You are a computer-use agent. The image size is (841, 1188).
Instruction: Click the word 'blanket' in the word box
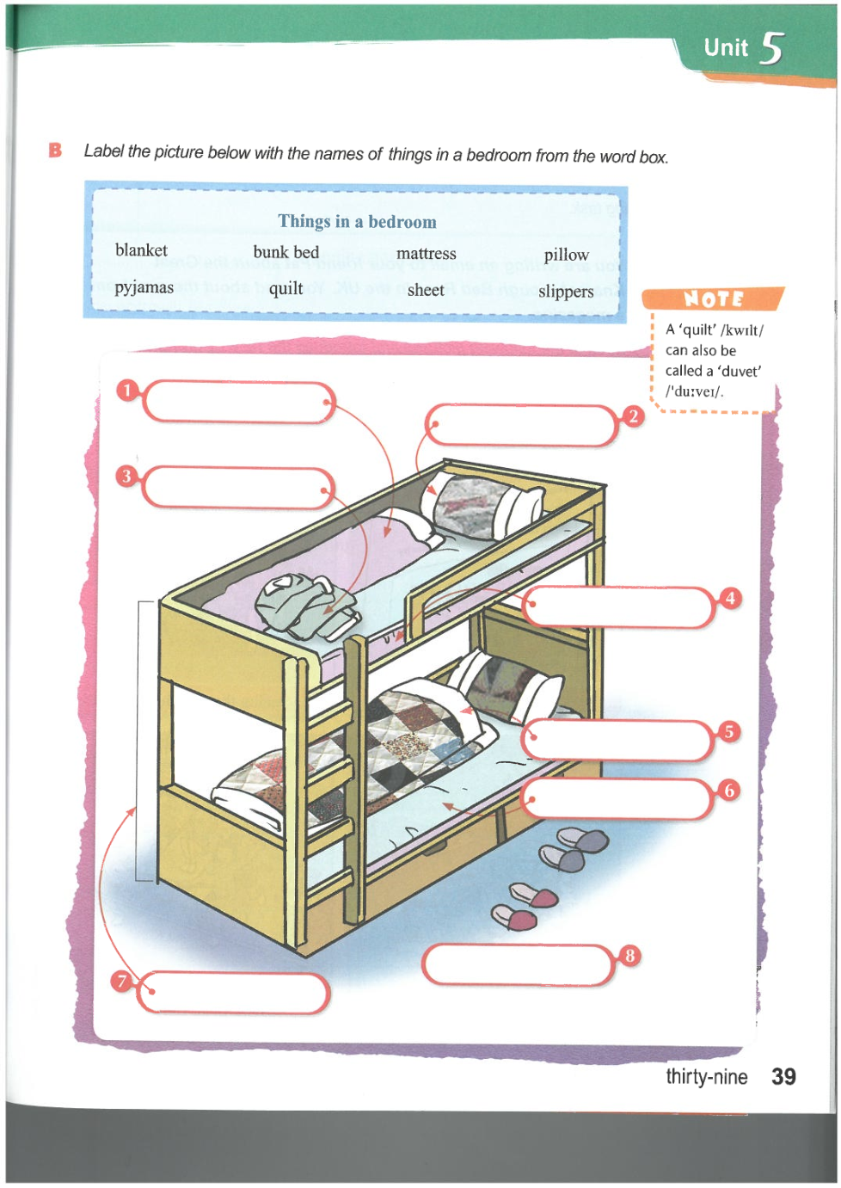(141, 250)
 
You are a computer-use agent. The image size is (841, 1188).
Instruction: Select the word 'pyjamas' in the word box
(144, 287)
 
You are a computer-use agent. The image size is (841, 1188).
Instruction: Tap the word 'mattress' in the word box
(426, 254)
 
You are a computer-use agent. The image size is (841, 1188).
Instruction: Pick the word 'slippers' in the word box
(566, 292)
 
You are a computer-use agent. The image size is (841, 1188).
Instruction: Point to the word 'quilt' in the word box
(285, 288)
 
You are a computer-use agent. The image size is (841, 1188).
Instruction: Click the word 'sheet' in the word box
(426, 291)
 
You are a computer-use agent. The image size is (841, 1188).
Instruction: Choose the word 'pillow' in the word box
(566, 255)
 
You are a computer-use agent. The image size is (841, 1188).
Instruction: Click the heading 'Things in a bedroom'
(357, 222)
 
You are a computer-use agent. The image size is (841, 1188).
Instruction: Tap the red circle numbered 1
(127, 391)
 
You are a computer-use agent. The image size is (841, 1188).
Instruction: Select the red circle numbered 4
(730, 598)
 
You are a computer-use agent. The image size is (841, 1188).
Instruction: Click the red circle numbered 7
(122, 981)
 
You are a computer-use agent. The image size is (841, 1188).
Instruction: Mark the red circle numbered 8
(629, 956)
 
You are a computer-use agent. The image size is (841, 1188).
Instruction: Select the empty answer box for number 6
(617, 800)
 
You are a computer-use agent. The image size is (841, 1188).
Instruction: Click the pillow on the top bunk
(486, 506)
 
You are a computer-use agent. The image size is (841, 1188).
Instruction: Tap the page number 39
(783, 1077)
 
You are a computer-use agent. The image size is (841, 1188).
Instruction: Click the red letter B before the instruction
(56, 151)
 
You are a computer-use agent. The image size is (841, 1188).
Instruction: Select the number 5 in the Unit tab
(772, 48)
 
